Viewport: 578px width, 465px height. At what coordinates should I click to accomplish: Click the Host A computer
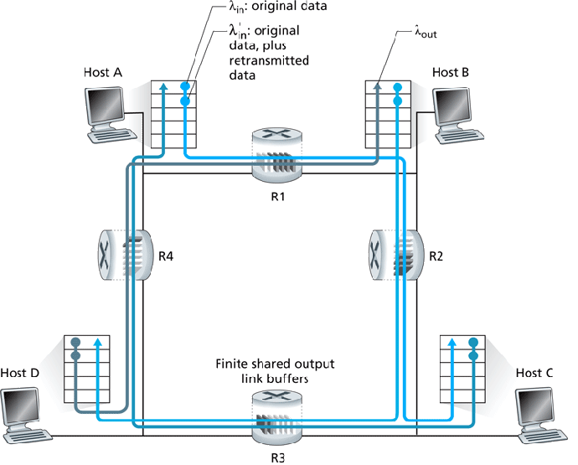pyautogui.click(x=108, y=112)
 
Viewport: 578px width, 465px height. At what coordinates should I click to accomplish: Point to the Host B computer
pyautogui.click(x=457, y=112)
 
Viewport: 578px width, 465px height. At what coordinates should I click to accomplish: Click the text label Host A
pyautogui.click(x=103, y=73)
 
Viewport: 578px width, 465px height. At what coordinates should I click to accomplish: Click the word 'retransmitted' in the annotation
pyautogui.click(x=266, y=61)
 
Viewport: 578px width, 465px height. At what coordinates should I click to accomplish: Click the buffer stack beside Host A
pyautogui.click(x=173, y=112)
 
